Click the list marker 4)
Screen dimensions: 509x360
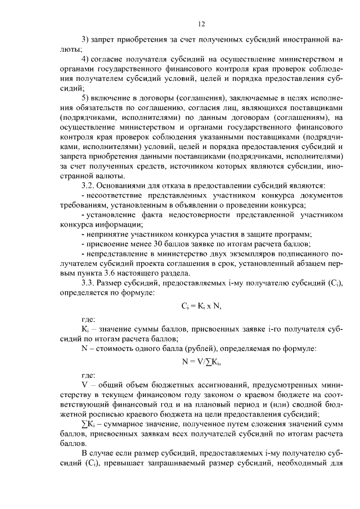coord(85,60)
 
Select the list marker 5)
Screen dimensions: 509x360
coord(85,98)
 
